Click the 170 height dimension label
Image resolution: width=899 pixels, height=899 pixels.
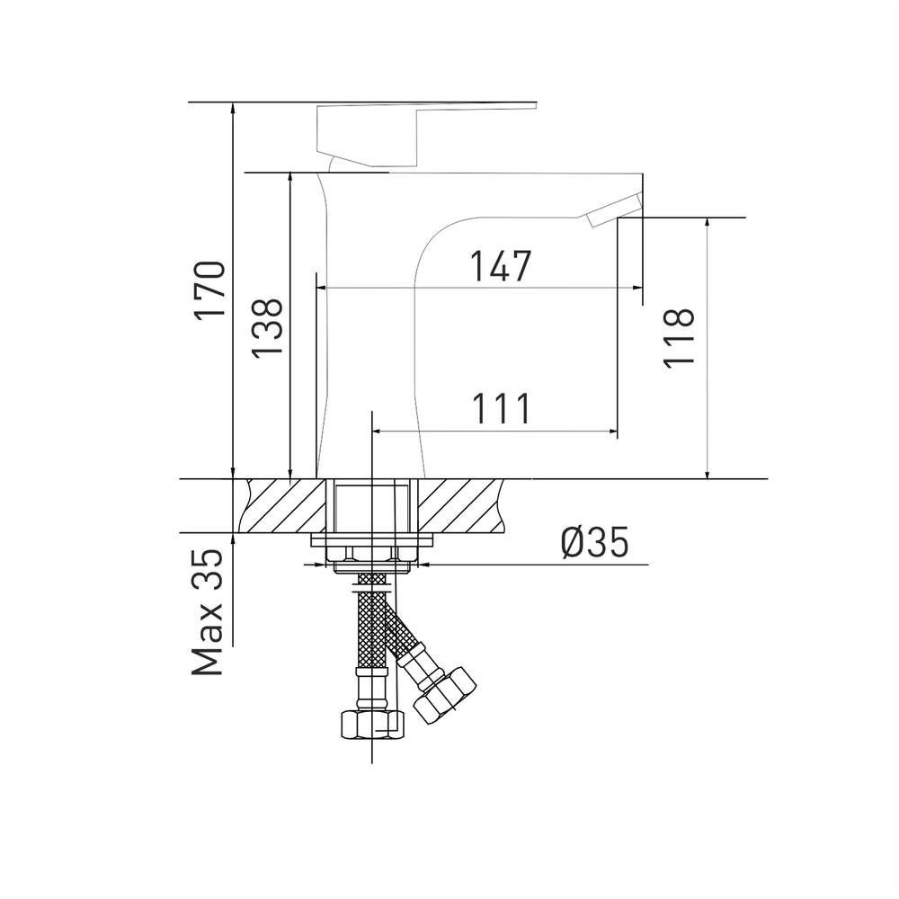[210, 289]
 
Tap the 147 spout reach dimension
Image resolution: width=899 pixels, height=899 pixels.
[500, 266]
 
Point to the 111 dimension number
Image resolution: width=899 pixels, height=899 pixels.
[500, 409]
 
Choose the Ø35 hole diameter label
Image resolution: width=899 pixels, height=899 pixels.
[593, 543]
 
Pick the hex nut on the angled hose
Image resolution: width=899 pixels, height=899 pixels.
[448, 694]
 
